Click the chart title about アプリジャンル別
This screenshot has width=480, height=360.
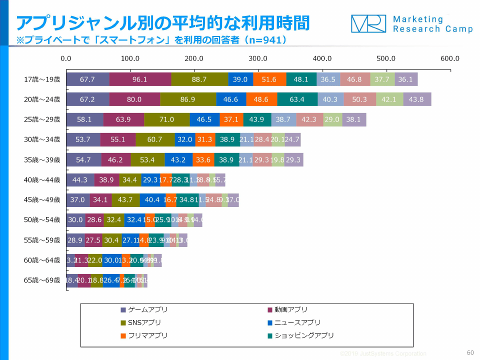point(163,22)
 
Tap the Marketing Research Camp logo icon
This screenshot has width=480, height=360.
point(368,23)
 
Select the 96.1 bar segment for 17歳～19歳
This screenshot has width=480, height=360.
point(140,79)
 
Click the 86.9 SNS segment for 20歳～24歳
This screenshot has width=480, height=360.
point(188,99)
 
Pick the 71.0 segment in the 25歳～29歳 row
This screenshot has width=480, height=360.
point(167,120)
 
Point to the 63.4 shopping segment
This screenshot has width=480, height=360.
point(297,99)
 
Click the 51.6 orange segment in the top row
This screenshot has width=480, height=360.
point(269,79)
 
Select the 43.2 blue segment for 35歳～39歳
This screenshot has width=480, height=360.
point(178,160)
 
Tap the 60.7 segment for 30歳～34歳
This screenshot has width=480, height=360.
point(155,140)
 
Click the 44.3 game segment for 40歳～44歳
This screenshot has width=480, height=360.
point(80,180)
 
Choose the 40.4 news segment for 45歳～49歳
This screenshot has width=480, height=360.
point(152,200)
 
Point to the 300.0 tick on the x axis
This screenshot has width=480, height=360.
point(258,58)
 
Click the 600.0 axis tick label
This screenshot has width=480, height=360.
point(449,58)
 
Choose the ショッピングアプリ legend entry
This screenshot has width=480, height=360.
point(300,335)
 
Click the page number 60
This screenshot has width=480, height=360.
point(469,352)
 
